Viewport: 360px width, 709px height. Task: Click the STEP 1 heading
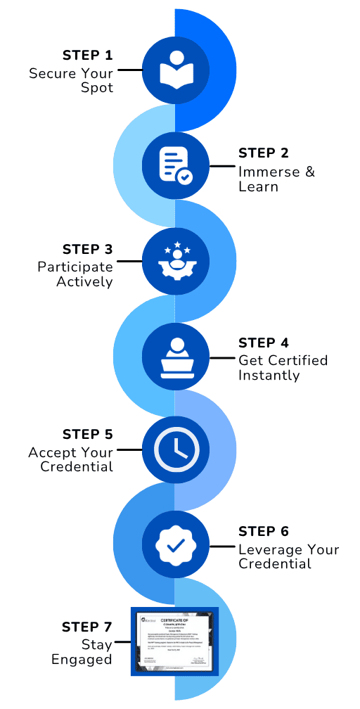pyautogui.click(x=87, y=56)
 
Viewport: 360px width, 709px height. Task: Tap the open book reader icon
pyautogui.click(x=175, y=70)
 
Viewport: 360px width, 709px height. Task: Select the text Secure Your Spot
pyautogui.click(x=71, y=81)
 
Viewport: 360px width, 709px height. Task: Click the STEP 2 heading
pyautogui.click(x=264, y=153)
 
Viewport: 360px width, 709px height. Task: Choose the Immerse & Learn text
pyautogui.click(x=276, y=179)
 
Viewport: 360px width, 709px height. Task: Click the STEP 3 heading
pyautogui.click(x=87, y=249)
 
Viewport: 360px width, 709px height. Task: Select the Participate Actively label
pyautogui.click(x=75, y=274)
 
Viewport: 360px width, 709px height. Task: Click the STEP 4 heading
pyautogui.click(x=264, y=343)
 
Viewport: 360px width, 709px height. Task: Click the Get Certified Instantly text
pyautogui.click(x=283, y=368)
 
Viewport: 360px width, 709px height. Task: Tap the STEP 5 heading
pyautogui.click(x=87, y=435)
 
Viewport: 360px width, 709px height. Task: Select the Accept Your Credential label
pyautogui.click(x=71, y=460)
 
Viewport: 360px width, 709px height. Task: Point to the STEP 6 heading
pyautogui.click(x=264, y=532)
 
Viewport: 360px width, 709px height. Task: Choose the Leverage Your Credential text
pyautogui.click(x=288, y=557)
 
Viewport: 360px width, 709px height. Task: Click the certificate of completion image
pyautogui.click(x=174, y=641)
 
